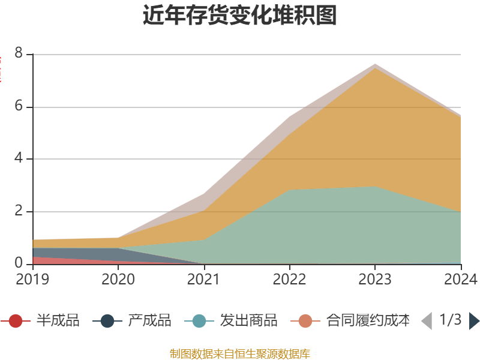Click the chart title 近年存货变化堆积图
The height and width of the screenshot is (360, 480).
(x=240, y=16)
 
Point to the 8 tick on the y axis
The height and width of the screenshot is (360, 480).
(x=18, y=54)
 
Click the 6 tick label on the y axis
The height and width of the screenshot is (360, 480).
(x=18, y=107)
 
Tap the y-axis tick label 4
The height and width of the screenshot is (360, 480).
(x=18, y=159)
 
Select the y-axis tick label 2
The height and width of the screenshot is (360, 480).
(x=18, y=211)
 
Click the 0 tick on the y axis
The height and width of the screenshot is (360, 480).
(x=18, y=263)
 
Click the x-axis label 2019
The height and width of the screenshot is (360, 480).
(x=32, y=279)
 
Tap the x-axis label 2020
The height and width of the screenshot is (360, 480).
(x=118, y=279)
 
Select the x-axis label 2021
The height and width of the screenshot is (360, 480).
(x=204, y=279)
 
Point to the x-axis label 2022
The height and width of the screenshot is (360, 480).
(x=289, y=279)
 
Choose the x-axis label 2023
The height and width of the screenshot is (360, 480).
(x=375, y=279)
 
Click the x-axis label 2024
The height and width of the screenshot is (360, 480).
(x=461, y=279)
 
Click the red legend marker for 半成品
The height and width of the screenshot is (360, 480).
(x=16, y=321)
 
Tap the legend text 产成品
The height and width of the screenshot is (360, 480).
(x=149, y=321)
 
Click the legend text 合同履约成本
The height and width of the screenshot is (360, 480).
(x=368, y=321)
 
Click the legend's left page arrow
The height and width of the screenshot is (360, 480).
(x=427, y=321)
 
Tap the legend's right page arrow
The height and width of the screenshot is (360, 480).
(x=474, y=321)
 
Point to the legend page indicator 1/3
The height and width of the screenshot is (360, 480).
(x=450, y=320)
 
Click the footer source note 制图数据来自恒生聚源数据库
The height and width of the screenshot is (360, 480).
(x=240, y=353)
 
